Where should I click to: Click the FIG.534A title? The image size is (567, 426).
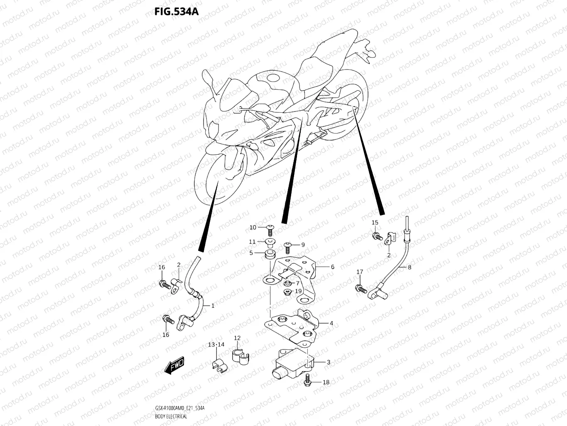point(176,11)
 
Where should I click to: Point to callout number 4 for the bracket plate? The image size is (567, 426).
point(331,323)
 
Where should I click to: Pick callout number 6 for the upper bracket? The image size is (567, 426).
point(332,267)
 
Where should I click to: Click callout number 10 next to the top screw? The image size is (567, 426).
point(253,227)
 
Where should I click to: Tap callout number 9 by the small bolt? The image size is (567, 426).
point(303,245)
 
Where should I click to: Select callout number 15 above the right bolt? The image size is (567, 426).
point(375,223)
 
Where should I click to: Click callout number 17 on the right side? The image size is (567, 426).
point(360,272)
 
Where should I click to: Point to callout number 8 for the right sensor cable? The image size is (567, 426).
point(409,267)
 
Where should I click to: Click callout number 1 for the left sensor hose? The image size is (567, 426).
point(213,305)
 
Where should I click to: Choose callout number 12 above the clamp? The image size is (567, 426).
point(237,338)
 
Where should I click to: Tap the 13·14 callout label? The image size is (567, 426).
point(216,344)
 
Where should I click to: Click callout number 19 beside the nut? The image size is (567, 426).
point(298,291)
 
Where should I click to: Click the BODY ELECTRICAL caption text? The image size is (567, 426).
point(171,416)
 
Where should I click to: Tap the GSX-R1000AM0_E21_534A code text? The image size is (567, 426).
point(179,409)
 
